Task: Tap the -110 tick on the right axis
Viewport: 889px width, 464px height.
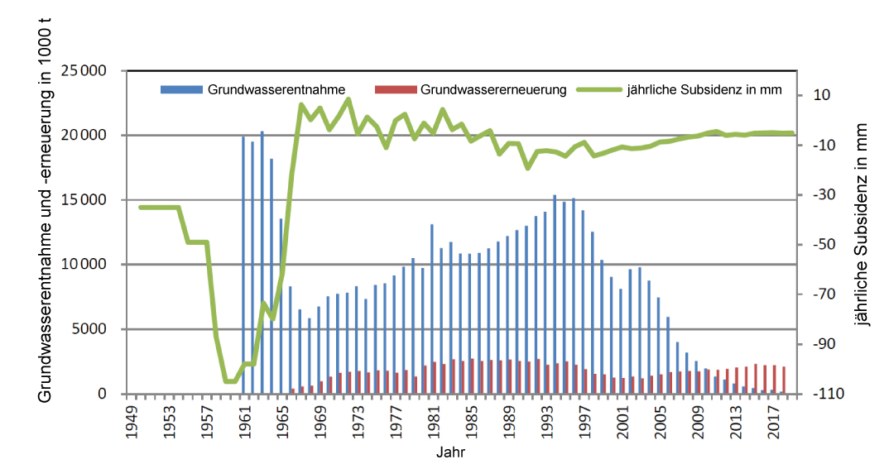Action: (x=828, y=394)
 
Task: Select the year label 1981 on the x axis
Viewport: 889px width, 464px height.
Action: (x=432, y=419)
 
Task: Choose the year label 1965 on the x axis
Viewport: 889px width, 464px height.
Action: (x=282, y=419)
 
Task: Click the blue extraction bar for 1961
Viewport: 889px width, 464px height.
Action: (x=243, y=265)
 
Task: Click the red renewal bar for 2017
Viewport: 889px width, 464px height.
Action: (x=774, y=380)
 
